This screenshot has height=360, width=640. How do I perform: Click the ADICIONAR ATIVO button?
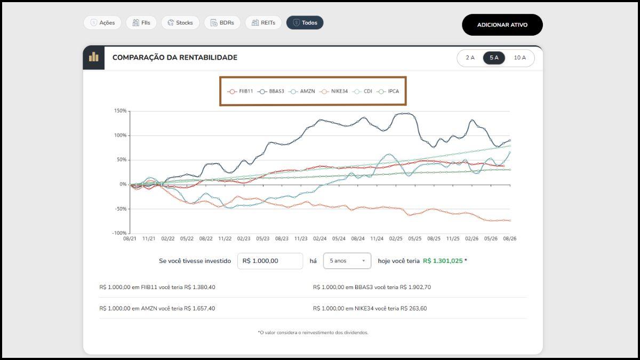click(502, 25)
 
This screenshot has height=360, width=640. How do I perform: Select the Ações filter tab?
click(102, 22)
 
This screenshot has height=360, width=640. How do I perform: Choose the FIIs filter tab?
click(141, 22)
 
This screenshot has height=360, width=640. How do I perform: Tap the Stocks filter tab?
click(180, 22)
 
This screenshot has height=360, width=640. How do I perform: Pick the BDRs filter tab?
click(222, 22)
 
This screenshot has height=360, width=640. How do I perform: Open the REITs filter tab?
click(263, 22)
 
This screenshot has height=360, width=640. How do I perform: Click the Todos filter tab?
click(305, 22)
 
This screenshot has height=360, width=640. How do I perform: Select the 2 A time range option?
click(470, 58)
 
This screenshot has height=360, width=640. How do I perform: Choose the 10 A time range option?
click(519, 58)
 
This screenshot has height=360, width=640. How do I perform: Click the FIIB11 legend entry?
click(241, 91)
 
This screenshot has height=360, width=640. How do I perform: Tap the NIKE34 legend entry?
click(334, 91)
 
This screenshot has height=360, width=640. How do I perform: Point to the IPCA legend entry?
click(388, 91)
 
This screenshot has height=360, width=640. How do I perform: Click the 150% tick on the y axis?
click(121, 111)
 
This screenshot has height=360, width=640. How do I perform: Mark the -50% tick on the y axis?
click(121, 209)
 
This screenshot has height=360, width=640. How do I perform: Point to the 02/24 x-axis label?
click(319, 238)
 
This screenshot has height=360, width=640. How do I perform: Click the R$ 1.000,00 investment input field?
click(270, 261)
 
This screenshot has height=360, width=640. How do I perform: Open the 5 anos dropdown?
click(347, 261)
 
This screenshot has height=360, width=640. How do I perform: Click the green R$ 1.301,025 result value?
click(443, 261)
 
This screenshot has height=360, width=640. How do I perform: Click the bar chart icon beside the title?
click(94, 58)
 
